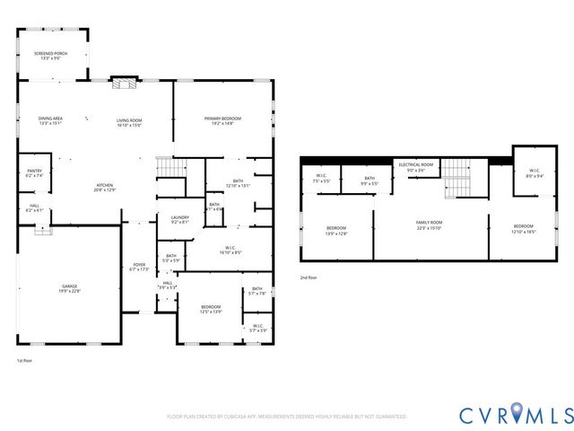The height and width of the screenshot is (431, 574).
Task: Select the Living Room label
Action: click(130, 121)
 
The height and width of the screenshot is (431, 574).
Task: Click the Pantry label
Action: click(34, 172)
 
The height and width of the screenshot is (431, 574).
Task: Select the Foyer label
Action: click(140, 267)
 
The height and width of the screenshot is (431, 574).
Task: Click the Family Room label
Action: click(429, 224)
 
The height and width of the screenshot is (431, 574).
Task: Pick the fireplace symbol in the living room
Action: click(121, 83)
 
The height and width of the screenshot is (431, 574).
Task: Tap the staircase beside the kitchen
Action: click(168, 167)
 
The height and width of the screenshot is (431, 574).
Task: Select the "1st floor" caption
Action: click(24, 361)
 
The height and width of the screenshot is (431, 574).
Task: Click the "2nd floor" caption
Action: click(309, 278)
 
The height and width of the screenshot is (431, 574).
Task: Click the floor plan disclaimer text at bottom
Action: click(287, 417)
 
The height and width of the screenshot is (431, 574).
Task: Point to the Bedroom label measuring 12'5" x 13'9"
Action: click(211, 309)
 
